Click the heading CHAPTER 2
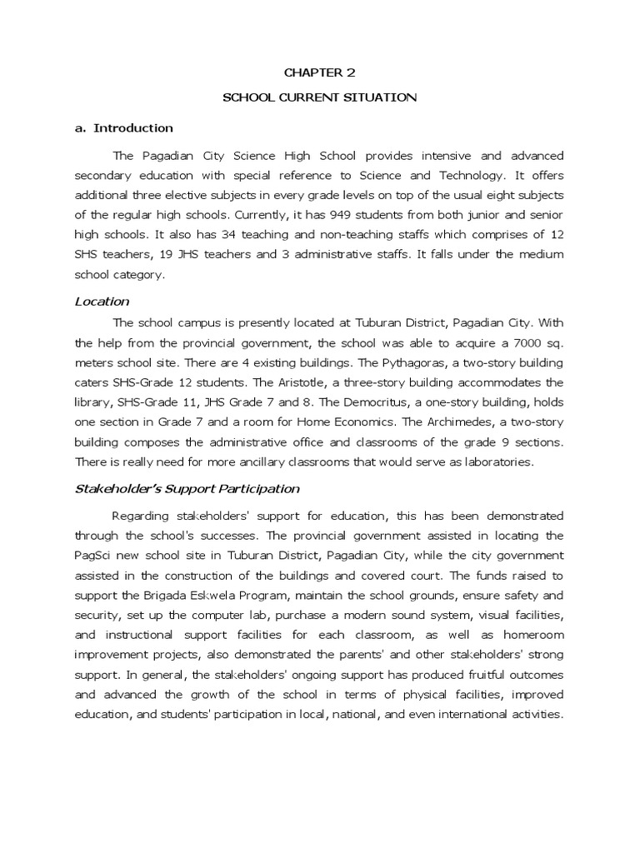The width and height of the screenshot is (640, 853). pyautogui.click(x=319, y=72)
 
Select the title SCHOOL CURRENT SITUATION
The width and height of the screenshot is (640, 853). pyautogui.click(x=319, y=97)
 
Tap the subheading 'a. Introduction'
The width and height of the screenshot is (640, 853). pyautogui.click(x=124, y=128)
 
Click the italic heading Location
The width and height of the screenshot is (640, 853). pyautogui.click(x=102, y=302)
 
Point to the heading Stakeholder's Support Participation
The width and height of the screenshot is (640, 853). pyautogui.click(x=187, y=489)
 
